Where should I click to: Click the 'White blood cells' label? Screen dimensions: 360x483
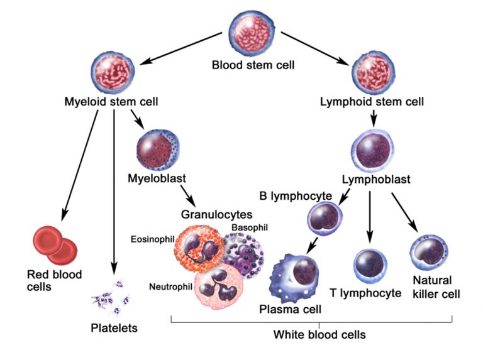click(x=319, y=334)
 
